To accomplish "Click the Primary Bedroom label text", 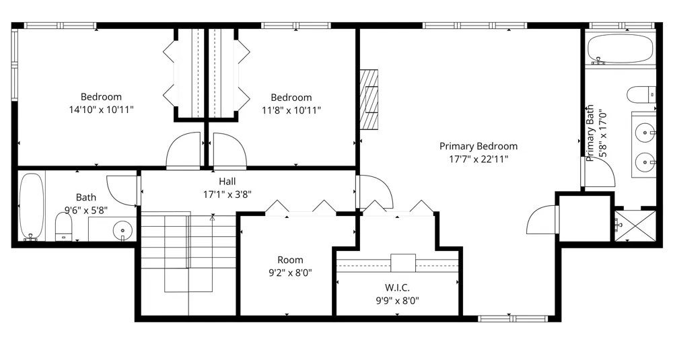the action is pyautogui.click(x=478, y=146).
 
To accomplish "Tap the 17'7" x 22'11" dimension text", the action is pyautogui.click(x=479, y=159).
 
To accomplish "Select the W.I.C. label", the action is pyautogui.click(x=397, y=287).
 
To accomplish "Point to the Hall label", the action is pyautogui.click(x=227, y=182).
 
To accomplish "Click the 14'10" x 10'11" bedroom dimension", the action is pyautogui.click(x=102, y=110).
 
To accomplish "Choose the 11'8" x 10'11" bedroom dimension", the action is pyautogui.click(x=291, y=111).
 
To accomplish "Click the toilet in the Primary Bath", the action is pyautogui.click(x=641, y=95).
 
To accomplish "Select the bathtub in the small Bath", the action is pyautogui.click(x=32, y=207).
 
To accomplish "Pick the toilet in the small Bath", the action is pyautogui.click(x=64, y=227).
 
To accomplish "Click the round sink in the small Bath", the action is pyautogui.click(x=122, y=229).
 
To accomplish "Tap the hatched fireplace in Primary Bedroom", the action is pyautogui.click(x=369, y=100).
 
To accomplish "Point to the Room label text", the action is pyautogui.click(x=290, y=260).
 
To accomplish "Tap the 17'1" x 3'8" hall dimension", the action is pyautogui.click(x=227, y=194).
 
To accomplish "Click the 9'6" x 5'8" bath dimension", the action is pyautogui.click(x=86, y=210).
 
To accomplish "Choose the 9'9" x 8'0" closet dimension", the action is pyautogui.click(x=398, y=300).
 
